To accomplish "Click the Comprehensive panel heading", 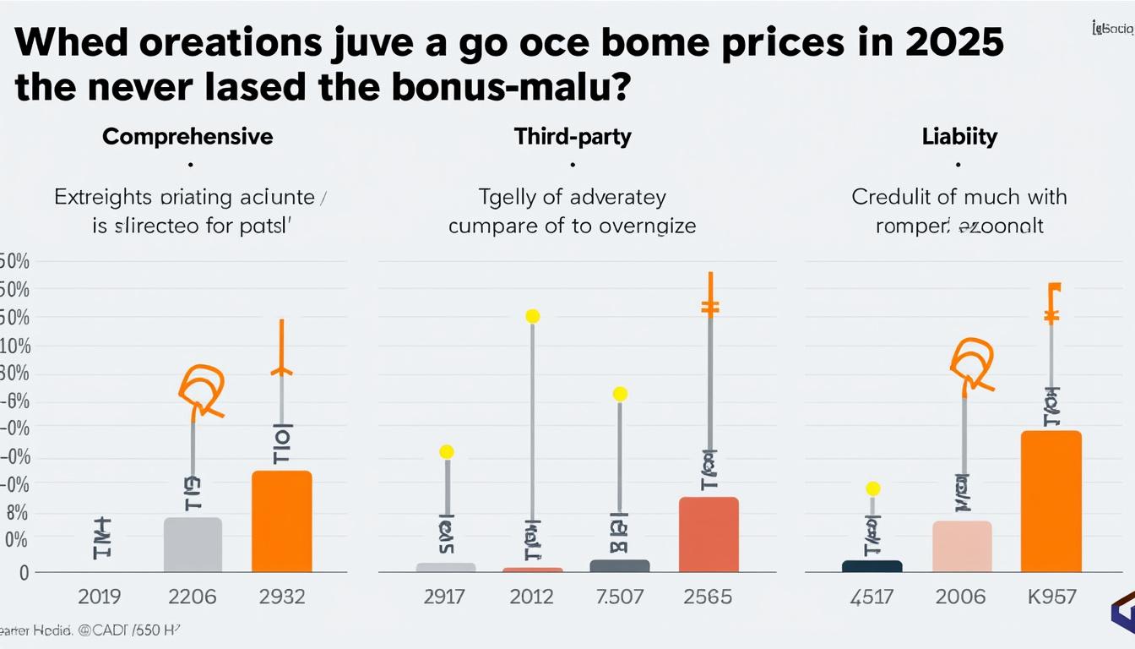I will coord(187,137).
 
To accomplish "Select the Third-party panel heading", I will coord(573,137).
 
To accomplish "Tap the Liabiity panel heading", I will coord(959,137).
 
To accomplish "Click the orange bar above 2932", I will coord(282,521).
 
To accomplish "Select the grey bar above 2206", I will coord(193,545).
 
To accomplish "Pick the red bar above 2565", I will coord(709,534).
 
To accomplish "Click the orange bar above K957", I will coord(1051,501).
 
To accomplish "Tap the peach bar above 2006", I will coord(962,547).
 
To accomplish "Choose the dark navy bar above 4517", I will coord(872,566).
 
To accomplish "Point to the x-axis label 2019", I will coord(100,597).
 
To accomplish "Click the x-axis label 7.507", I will coord(620,597).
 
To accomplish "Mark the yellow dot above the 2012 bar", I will coord(532,316).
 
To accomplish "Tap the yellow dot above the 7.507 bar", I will coord(620,394).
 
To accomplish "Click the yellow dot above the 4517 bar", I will coord(873,488).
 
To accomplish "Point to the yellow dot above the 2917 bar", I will coord(447,452).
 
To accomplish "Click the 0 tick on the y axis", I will coord(24,573).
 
